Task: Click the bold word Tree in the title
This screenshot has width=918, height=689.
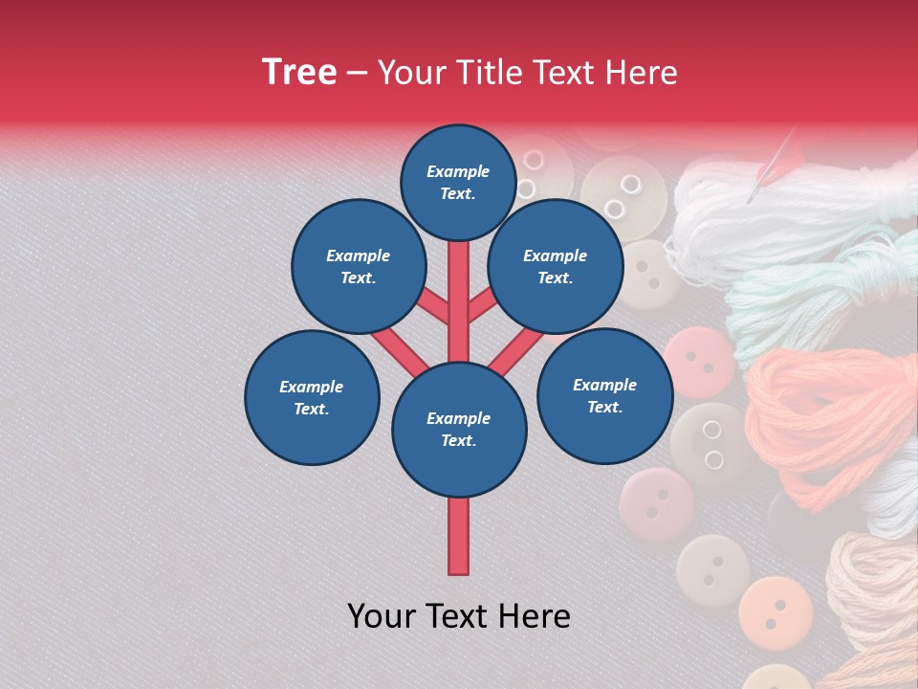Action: pyautogui.click(x=299, y=72)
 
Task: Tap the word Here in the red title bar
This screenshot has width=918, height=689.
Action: pyautogui.click(x=641, y=73)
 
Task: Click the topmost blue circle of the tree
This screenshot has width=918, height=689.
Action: pyautogui.click(x=458, y=182)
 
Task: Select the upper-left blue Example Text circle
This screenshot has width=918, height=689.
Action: pyautogui.click(x=358, y=266)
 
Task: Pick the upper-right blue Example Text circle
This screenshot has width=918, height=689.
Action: pyautogui.click(x=555, y=266)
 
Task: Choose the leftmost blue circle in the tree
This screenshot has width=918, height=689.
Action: pyautogui.click(x=312, y=397)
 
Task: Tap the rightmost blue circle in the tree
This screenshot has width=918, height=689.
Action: pyautogui.click(x=604, y=395)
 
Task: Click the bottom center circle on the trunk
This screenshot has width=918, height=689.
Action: pyautogui.click(x=459, y=429)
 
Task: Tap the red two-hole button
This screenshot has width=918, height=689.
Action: pyautogui.click(x=701, y=362)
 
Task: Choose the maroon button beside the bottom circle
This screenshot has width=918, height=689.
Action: pyautogui.click(x=656, y=504)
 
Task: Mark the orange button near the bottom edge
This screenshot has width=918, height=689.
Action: pyautogui.click(x=776, y=611)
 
